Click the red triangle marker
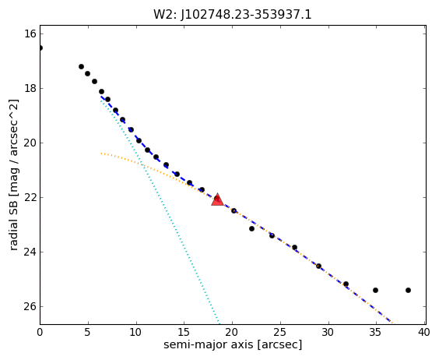tap(217, 199)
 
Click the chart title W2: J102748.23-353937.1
tap(233, 15)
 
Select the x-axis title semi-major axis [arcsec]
tap(233, 344)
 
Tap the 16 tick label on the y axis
tap(30, 34)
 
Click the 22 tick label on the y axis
tap(30, 198)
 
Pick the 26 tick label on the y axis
tap(30, 307)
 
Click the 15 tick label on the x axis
tap(184, 333)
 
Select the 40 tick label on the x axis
tap(424, 333)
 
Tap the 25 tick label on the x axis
tap(279, 333)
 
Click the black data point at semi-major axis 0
tap(40, 48)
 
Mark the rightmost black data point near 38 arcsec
tap(408, 290)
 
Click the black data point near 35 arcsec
tap(375, 290)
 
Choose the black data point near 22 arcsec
tap(251, 229)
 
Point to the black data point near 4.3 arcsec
tap(81, 67)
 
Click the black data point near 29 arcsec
tap(318, 266)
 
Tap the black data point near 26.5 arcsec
tap(294, 247)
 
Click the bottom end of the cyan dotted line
tap(219, 323)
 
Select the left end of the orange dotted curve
tap(101, 154)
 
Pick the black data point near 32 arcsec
tap(346, 284)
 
